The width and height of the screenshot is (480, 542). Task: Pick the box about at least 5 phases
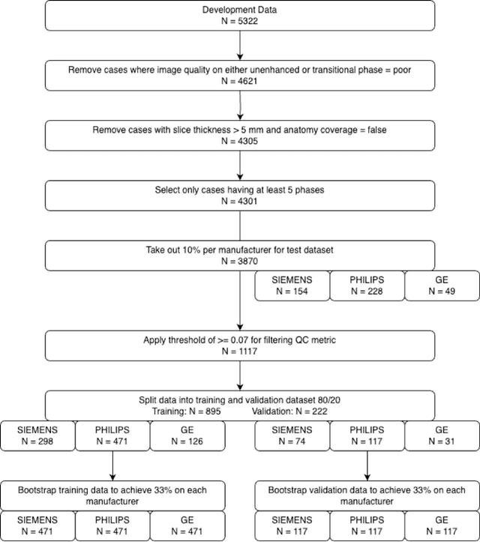[239, 195]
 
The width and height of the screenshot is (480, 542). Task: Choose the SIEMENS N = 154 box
[292, 286]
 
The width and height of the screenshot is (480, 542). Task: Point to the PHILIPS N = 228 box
[367, 286]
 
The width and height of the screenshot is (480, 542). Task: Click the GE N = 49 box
[442, 286]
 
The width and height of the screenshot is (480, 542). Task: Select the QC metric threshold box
[239, 345]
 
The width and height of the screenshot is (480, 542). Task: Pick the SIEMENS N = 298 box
[37, 437]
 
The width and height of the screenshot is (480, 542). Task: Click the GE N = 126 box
[187, 437]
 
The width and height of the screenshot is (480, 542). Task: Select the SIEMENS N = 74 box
[292, 437]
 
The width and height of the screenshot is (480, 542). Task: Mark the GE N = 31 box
[442, 437]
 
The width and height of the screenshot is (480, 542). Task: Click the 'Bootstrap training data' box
[112, 496]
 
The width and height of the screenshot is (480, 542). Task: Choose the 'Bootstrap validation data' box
[367, 496]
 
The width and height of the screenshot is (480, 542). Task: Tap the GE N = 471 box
[187, 527]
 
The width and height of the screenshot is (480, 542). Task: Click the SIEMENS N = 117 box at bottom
[292, 527]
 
